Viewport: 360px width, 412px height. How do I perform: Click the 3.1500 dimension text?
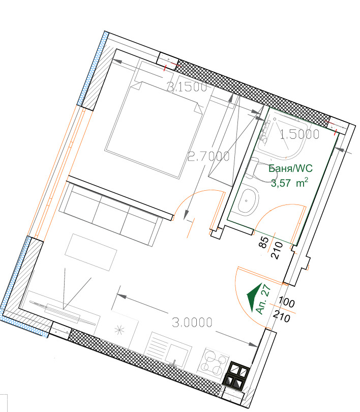[187, 87]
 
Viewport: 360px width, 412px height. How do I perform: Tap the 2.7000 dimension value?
[209, 156]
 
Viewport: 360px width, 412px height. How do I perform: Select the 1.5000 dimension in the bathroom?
[299, 134]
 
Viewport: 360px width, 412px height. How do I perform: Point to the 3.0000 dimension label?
[192, 322]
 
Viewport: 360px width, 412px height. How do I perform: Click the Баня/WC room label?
[291, 168]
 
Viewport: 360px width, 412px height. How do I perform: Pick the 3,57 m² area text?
[289, 183]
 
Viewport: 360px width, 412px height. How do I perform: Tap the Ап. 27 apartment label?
[263, 299]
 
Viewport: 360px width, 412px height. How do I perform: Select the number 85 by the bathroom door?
[264, 242]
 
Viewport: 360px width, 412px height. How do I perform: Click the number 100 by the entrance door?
[286, 303]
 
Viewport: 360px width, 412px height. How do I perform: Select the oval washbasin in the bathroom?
[248, 201]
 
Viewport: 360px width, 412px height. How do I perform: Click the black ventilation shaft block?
[236, 375]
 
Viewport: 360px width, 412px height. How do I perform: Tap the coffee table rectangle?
[91, 252]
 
